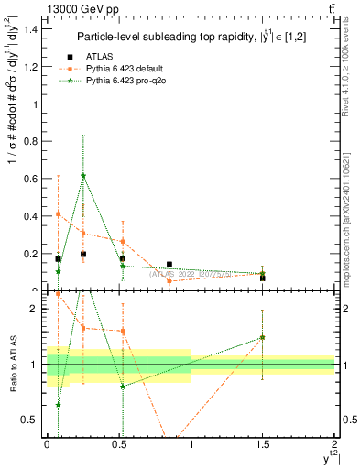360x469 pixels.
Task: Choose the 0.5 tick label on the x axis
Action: [119, 448]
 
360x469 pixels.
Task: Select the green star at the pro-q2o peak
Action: [83, 176]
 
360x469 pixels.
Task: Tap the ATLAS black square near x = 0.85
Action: [169, 264]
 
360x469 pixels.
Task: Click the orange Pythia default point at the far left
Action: [58, 213]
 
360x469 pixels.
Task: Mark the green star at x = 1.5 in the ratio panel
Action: [263, 337]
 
